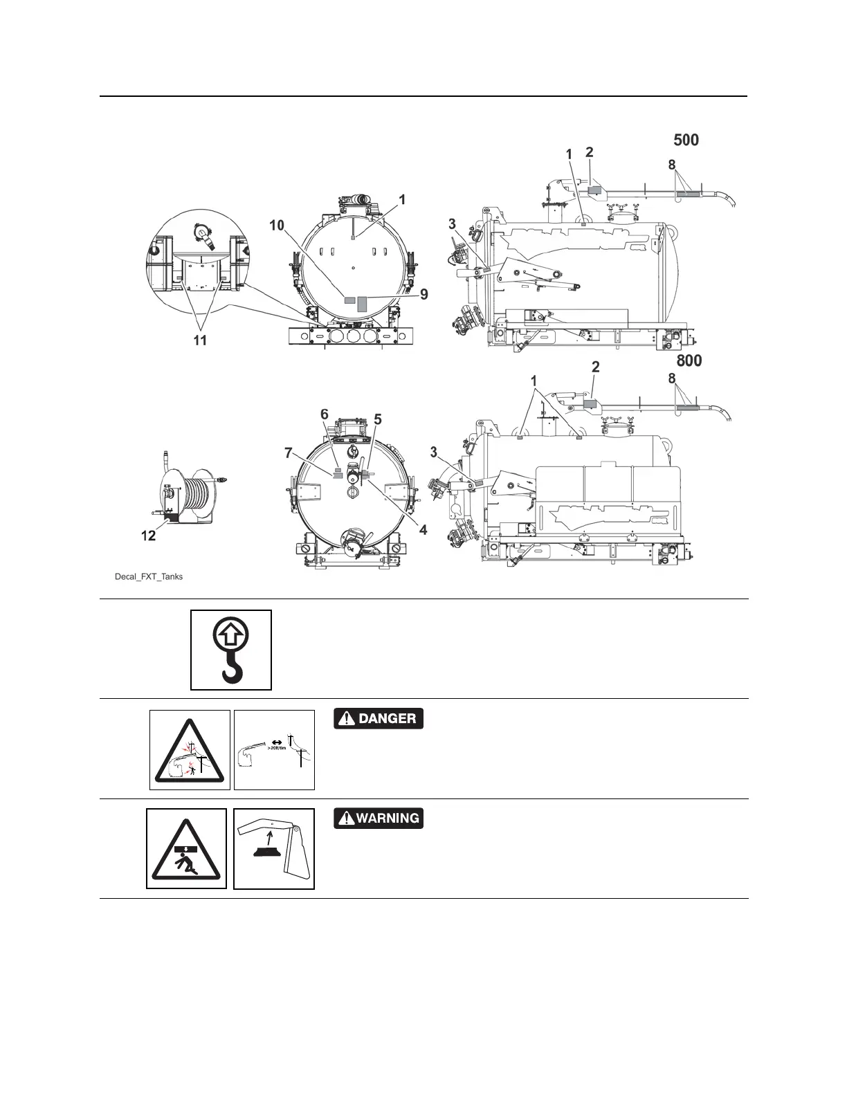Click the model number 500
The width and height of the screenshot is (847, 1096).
[x=686, y=140]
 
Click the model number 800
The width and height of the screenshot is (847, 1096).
[x=689, y=360]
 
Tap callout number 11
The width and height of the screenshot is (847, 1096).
[x=200, y=340]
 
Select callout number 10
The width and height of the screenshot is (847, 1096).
[x=277, y=225]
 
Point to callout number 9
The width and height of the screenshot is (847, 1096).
[x=424, y=294]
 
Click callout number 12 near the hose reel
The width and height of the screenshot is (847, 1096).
[x=149, y=536]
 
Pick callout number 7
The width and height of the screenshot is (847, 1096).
[x=289, y=453]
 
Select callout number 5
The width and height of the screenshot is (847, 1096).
[x=378, y=419]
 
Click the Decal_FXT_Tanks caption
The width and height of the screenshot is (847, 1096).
[x=149, y=576]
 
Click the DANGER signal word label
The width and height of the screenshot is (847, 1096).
[x=378, y=719]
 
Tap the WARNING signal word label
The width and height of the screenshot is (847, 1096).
[x=378, y=819]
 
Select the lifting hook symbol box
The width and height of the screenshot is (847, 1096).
[x=231, y=650]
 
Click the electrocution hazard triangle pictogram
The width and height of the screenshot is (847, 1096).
[x=190, y=750]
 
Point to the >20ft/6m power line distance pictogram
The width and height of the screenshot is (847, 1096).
[x=274, y=750]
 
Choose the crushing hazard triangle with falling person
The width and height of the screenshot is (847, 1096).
[x=186, y=849]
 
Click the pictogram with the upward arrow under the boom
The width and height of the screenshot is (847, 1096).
[x=274, y=849]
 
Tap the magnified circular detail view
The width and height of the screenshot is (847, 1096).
[x=197, y=263]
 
